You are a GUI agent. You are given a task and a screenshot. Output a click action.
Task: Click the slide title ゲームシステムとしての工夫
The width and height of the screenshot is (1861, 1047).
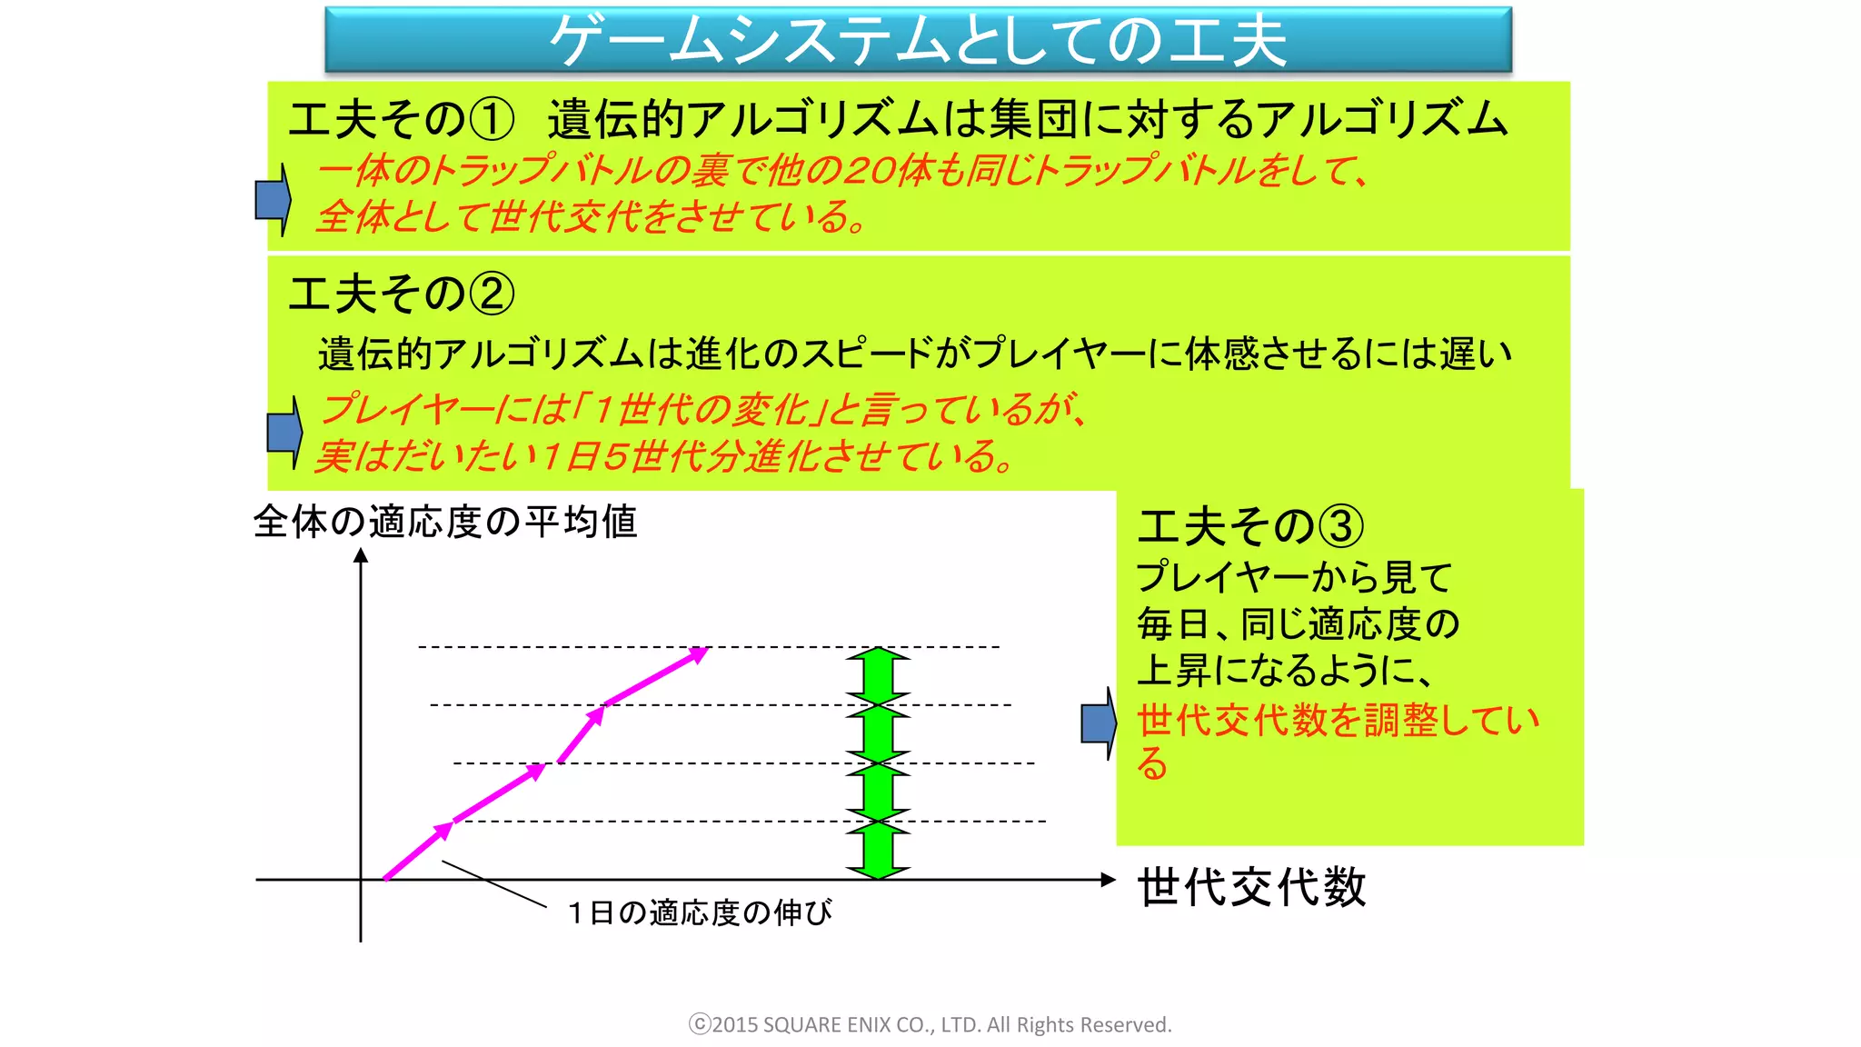tap(918, 40)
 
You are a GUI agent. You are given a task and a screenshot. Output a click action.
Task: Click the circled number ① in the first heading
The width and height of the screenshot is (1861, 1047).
tap(492, 119)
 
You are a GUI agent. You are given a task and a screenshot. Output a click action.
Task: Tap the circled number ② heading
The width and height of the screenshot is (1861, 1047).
tap(492, 294)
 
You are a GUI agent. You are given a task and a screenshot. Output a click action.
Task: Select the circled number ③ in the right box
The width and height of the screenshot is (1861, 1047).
tap(1341, 526)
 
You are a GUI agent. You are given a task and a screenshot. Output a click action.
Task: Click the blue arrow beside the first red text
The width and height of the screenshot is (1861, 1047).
tap(273, 200)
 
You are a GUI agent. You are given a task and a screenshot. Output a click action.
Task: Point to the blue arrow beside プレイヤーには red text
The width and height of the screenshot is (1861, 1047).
tap(284, 432)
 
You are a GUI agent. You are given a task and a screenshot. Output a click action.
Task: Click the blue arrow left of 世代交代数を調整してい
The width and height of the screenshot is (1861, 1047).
tap(1099, 723)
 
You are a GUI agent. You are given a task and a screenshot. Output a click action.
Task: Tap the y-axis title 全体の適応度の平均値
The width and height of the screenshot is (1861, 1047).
tap(445, 522)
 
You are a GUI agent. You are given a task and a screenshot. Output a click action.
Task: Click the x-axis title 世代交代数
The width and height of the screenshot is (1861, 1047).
tap(1251, 887)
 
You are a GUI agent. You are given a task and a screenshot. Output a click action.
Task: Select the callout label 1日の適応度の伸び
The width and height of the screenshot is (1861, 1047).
tap(700, 912)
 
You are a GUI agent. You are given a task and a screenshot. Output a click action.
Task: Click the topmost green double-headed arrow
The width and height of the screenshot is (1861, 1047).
tap(878, 675)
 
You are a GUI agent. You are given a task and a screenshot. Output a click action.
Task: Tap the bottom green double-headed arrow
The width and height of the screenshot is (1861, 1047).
tap(878, 850)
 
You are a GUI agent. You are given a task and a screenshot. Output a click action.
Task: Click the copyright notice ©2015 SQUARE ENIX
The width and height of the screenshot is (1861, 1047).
tap(930, 1024)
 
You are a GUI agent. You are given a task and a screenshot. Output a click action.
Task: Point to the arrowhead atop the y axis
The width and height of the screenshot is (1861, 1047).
tap(361, 555)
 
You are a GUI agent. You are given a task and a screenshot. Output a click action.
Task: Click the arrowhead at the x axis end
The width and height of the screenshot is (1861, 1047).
tap(1108, 879)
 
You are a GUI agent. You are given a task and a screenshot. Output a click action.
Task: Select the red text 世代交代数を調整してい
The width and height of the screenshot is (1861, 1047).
tap(1338, 721)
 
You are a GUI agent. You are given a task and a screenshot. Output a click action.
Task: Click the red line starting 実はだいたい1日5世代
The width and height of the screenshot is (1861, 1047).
tap(663, 456)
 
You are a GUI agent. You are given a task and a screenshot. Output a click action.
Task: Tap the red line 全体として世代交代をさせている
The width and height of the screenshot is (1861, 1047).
tap(591, 217)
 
